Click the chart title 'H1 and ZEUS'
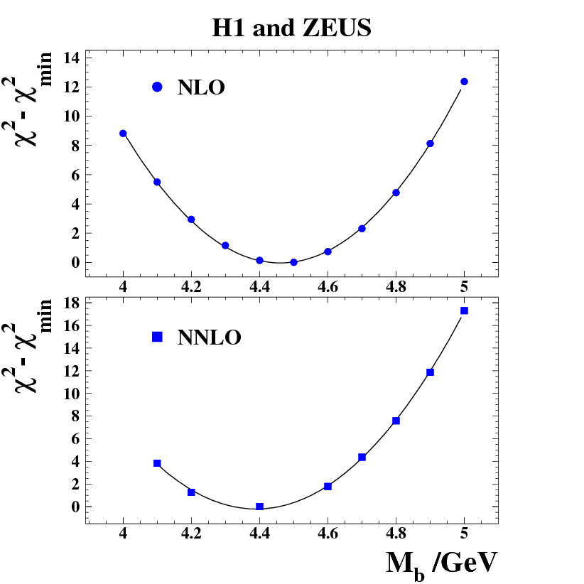(x=292, y=28)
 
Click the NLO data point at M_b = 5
(x=464, y=82)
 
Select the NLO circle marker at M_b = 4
(x=123, y=134)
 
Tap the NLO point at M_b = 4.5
(x=293, y=262)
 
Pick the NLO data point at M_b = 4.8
(x=396, y=193)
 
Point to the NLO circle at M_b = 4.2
(x=191, y=220)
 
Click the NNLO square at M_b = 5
(x=464, y=310)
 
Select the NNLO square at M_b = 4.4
(x=259, y=507)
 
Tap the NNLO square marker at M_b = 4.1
(x=157, y=463)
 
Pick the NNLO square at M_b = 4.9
(x=430, y=372)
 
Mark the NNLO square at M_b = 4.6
(x=328, y=487)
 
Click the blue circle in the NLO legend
(x=157, y=87)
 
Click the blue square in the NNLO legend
(x=157, y=337)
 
